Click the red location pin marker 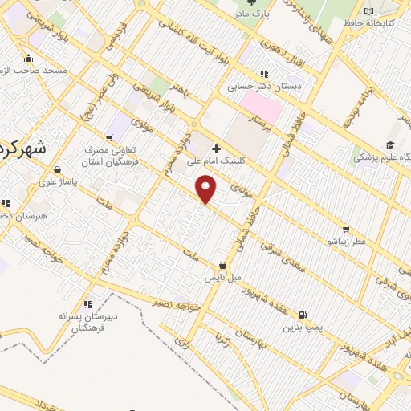click(206, 189)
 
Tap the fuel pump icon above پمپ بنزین click(302, 315)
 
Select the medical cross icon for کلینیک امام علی click(216, 149)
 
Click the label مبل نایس click(222, 278)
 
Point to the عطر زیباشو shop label click(346, 241)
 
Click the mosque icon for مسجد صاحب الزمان click(29, 58)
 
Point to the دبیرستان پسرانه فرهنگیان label click(87, 322)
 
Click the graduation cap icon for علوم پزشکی click(390, 144)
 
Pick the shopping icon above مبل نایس click(222, 266)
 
